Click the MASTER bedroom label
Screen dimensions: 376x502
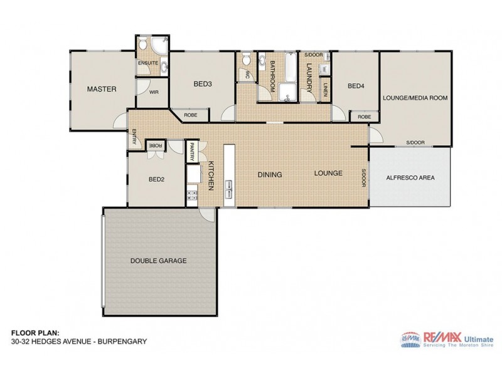[x=102, y=89]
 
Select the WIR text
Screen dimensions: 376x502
[x=152, y=91]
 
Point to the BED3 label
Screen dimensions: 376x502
[x=202, y=84]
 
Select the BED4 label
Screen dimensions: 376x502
[x=356, y=86]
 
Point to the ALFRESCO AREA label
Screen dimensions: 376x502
[x=410, y=177]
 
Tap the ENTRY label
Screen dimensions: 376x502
[x=134, y=138]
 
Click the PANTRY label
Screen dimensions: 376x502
[x=191, y=153]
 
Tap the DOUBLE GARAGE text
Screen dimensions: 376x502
[x=158, y=260]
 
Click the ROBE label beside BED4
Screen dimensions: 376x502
[x=364, y=117]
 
